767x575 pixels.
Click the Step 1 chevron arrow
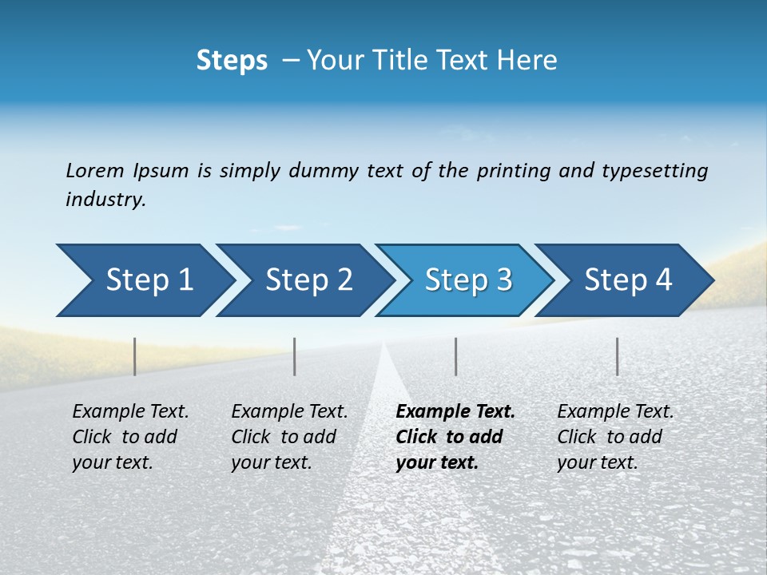pos(144,280)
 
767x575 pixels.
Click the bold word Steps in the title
pos(232,61)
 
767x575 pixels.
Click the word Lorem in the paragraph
pos(94,170)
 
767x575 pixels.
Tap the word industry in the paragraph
pos(105,200)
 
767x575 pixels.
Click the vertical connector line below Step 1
pos(135,356)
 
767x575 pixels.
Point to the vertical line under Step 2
pos(295,356)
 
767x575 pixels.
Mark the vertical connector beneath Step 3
pos(455,356)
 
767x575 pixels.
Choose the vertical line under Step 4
pos(618,356)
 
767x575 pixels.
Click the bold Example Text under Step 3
pos(455,412)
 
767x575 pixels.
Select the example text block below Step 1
pos(130,437)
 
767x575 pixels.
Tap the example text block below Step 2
pos(289,437)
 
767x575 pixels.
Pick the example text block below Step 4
pos(615,437)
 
